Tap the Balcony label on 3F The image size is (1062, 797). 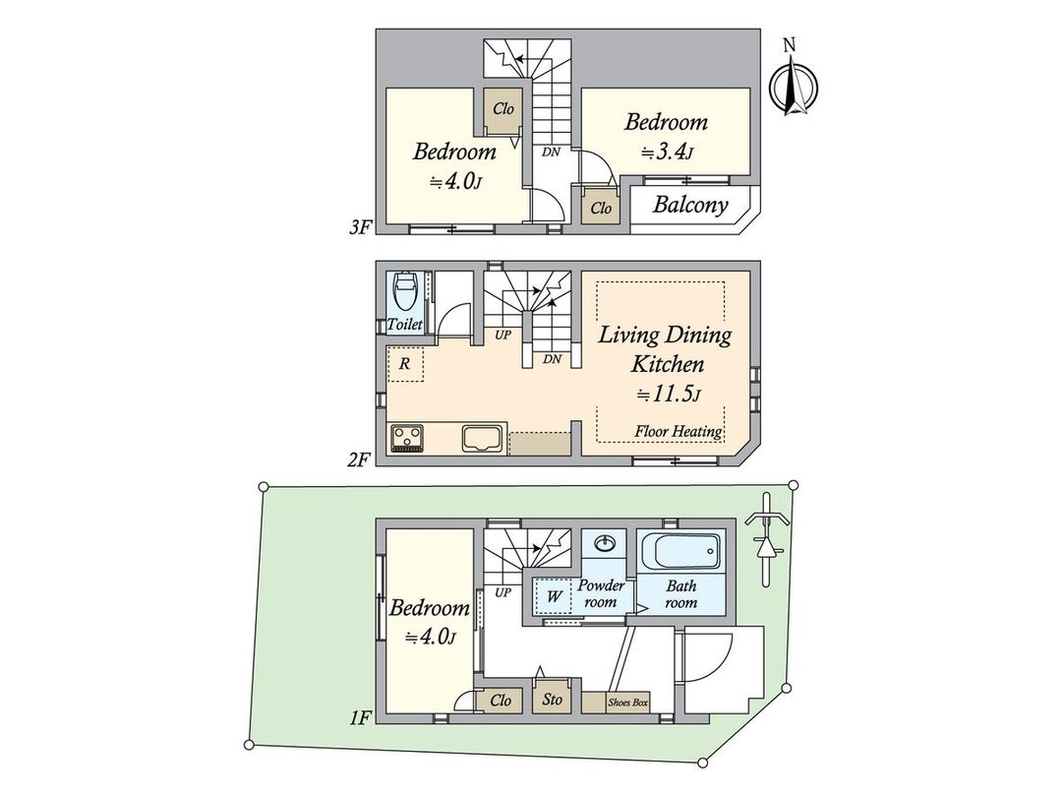(690, 206)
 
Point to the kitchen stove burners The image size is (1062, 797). (407, 436)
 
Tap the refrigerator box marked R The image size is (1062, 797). (405, 363)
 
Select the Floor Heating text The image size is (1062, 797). (678, 432)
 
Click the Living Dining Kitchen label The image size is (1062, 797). (666, 349)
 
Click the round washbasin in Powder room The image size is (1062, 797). (605, 543)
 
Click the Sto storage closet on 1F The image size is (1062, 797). (553, 700)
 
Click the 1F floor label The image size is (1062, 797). (359, 717)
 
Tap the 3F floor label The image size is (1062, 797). (359, 228)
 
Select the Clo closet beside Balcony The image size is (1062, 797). (601, 209)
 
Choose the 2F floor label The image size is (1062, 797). (359, 459)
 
